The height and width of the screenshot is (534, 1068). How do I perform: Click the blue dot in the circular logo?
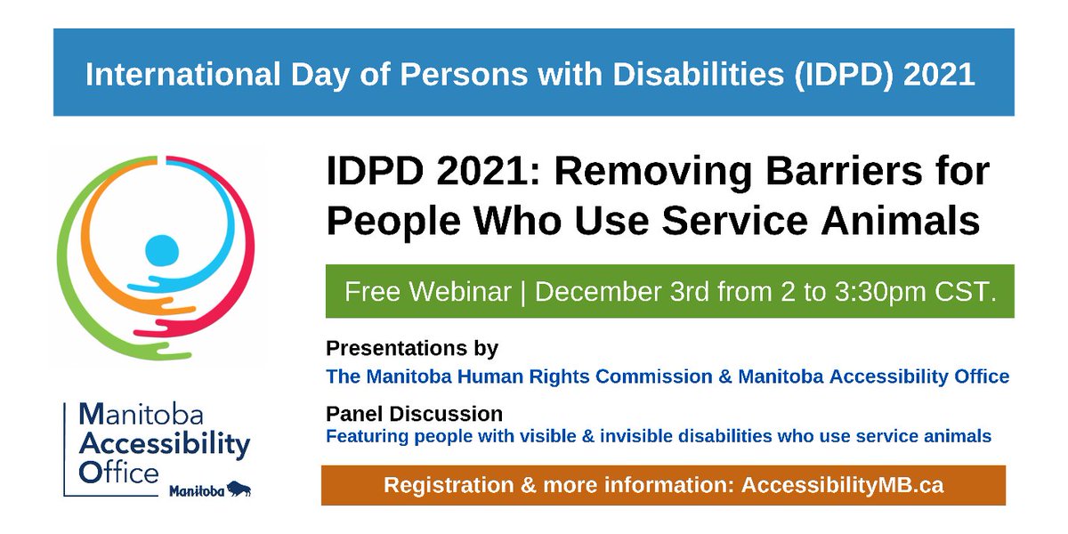pyautogui.click(x=162, y=250)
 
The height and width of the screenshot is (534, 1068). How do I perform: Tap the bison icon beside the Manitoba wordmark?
pyautogui.click(x=239, y=489)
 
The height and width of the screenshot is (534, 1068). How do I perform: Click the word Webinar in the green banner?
pyautogui.click(x=460, y=291)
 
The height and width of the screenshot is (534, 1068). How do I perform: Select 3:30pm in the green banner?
pyautogui.click(x=879, y=292)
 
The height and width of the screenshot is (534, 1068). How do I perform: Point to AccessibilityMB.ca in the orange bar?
pyautogui.click(x=843, y=485)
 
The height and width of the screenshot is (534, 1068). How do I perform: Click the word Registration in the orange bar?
pyautogui.click(x=449, y=485)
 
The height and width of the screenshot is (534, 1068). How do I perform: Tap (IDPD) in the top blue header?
pyautogui.click(x=844, y=75)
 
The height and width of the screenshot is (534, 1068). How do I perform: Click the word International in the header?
pyautogui.click(x=182, y=75)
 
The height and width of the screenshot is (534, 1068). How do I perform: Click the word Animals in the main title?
pyautogui.click(x=900, y=221)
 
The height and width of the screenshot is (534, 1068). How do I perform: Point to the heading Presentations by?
pyautogui.click(x=412, y=348)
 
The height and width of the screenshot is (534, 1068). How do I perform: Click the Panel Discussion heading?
pyautogui.click(x=415, y=414)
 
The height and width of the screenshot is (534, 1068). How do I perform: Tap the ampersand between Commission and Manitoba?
pyautogui.click(x=724, y=376)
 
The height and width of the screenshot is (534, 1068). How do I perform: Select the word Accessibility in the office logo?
pyautogui.click(x=165, y=445)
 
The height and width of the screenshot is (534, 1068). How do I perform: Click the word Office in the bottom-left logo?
pyautogui.click(x=118, y=473)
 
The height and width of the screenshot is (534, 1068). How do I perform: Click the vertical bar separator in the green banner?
pyautogui.click(x=523, y=292)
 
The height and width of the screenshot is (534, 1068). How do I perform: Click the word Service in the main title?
pyautogui.click(x=735, y=221)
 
